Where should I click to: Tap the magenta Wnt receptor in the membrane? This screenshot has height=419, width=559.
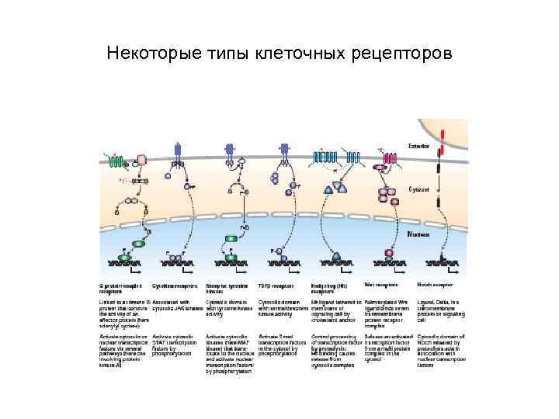(389, 158)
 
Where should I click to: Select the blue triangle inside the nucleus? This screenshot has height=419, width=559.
(337, 255)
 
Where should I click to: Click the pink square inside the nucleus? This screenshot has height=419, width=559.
(388, 254)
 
